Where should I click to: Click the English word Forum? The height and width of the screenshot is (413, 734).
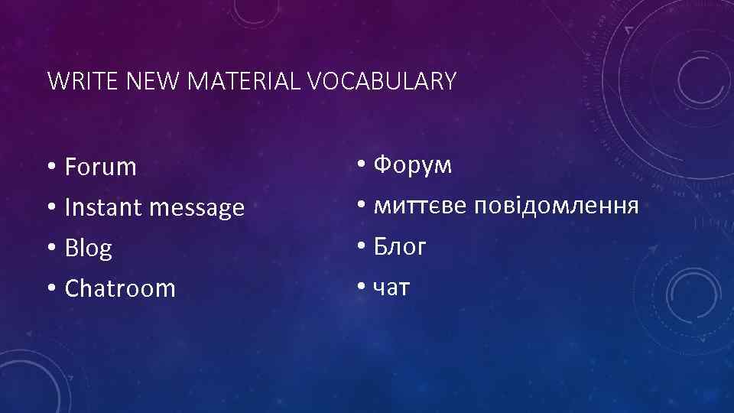tap(101, 167)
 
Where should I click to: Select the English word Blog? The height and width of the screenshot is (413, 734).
tap(89, 249)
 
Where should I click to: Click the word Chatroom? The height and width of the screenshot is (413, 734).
tap(120, 288)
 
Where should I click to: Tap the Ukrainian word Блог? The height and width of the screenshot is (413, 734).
tap(400, 247)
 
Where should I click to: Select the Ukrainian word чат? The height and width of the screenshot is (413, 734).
tap(391, 288)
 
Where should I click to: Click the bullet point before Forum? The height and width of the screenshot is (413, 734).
tap(51, 167)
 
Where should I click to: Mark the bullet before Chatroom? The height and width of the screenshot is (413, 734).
tap(51, 289)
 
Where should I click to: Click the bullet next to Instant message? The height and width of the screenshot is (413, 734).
tap(51, 208)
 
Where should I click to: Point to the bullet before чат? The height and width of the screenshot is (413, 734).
tap(360, 288)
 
